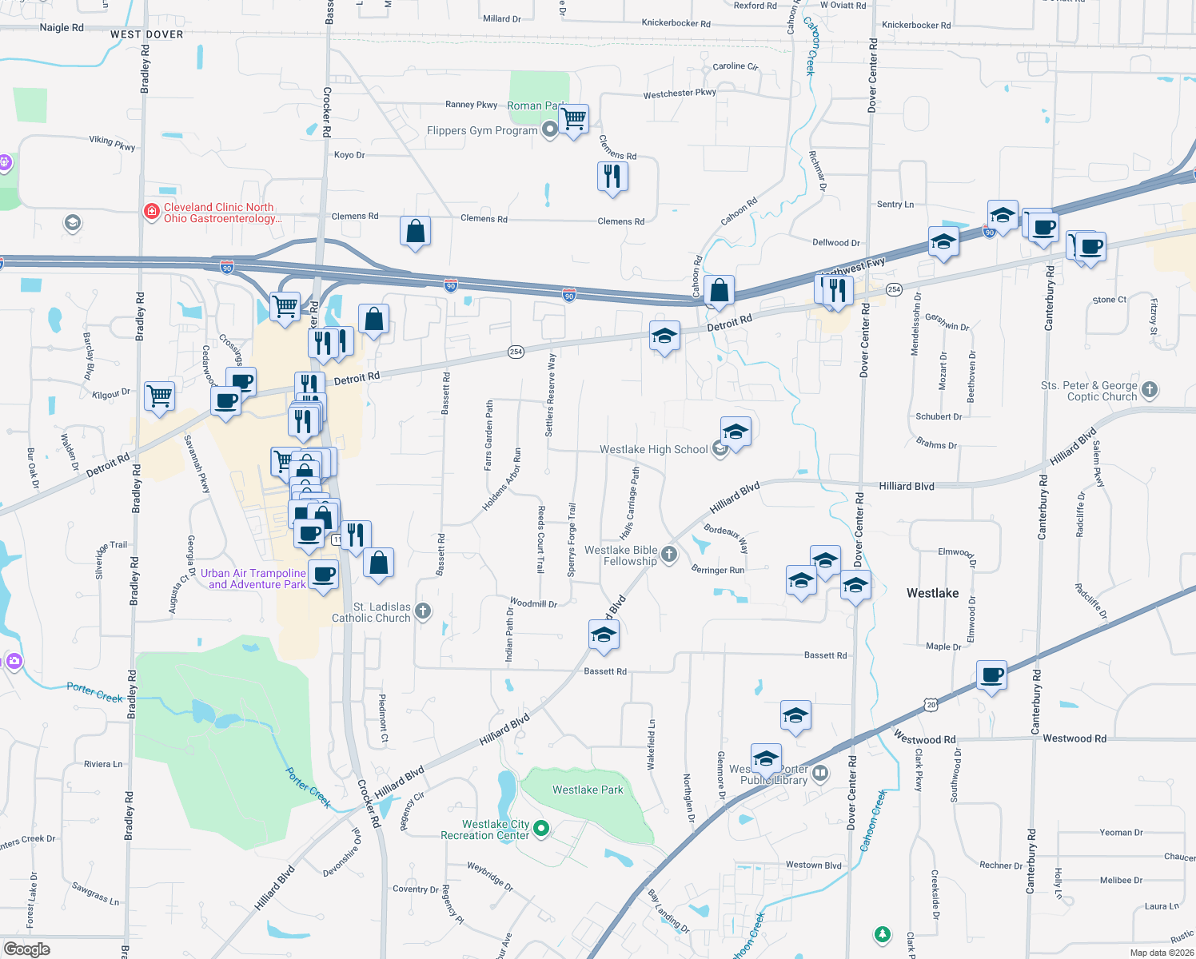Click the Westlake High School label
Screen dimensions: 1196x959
[653, 450]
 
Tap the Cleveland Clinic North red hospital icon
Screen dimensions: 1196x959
[151, 212]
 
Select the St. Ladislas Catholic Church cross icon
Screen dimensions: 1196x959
[423, 612]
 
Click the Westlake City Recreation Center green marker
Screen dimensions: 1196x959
[541, 829]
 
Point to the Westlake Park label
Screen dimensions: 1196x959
[588, 790]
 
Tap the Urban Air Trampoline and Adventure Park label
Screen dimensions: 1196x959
[253, 579]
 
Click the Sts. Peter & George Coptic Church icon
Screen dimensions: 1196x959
[1150, 390]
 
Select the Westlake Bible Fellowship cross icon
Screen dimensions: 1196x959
[669, 555]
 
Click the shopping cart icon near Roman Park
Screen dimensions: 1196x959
[574, 120]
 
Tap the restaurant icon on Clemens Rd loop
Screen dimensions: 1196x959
[612, 176]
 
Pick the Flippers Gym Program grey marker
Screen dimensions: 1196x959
[549, 129]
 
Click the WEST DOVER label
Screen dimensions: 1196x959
[146, 34]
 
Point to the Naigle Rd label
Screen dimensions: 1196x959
[61, 27]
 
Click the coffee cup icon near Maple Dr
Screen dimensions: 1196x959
[991, 675]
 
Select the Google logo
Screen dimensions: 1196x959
[26, 949]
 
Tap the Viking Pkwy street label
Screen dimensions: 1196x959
[112, 143]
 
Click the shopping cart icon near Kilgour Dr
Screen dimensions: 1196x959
[160, 396]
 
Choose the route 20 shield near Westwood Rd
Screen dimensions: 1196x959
[931, 705]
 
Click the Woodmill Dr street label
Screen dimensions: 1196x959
[533, 603]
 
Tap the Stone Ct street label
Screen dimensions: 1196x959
[1109, 300]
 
